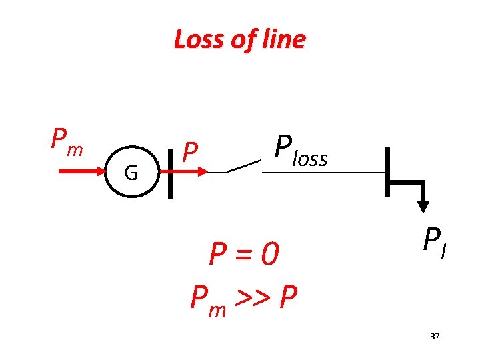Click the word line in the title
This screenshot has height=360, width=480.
click(x=282, y=40)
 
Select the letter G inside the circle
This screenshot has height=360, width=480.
click(x=131, y=173)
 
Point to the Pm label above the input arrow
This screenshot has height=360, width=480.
click(x=67, y=141)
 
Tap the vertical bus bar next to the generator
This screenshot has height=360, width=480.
click(x=170, y=172)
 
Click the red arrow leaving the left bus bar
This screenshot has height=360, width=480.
click(x=194, y=172)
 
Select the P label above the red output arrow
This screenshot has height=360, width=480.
click(x=191, y=153)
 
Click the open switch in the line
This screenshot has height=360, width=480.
click(x=243, y=166)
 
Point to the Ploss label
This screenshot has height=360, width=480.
click(x=301, y=151)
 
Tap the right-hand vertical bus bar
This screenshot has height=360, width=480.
click(x=387, y=172)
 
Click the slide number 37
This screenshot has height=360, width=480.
click(x=435, y=337)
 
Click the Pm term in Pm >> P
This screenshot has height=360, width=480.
click(x=207, y=299)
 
